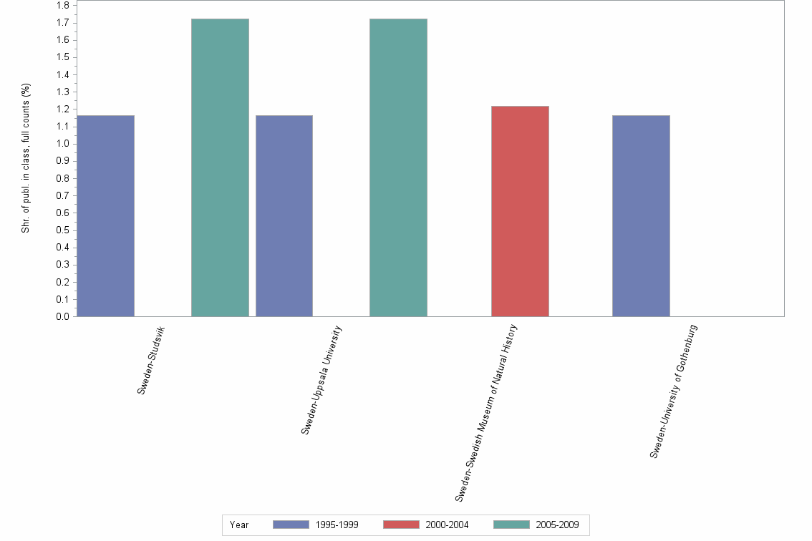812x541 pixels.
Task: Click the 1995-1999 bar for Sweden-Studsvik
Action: [x=105, y=215]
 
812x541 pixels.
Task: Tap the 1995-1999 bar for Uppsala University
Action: [x=284, y=215]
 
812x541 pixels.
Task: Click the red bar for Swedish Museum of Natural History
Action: [x=520, y=211]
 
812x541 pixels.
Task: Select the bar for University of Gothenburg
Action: [x=641, y=215]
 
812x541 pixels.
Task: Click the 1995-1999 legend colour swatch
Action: [x=291, y=525]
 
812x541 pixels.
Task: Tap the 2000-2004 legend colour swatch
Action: [x=401, y=525]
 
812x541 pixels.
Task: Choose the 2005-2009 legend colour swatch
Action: [x=512, y=525]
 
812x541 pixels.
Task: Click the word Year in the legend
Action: [x=239, y=525]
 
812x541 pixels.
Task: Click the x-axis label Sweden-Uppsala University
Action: [x=322, y=379]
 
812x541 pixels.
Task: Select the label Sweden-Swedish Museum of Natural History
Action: [x=486, y=412]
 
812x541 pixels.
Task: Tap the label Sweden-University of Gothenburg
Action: [x=673, y=391]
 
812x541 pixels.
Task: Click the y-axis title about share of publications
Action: [x=26, y=158]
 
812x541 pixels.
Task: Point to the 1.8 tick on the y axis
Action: [x=62, y=5]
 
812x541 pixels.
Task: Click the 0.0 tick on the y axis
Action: [x=62, y=316]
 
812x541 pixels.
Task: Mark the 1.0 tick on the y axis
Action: [x=62, y=144]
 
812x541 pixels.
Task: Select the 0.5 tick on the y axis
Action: [x=62, y=230]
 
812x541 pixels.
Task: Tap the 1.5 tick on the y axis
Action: [x=62, y=57]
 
